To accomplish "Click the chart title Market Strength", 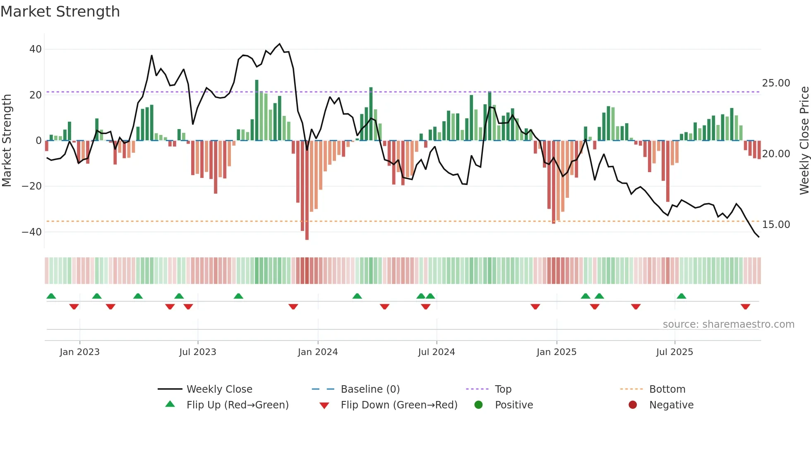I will coord(60,12).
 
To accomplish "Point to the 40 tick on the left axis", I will coord(36,49).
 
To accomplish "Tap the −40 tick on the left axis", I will coord(32,232).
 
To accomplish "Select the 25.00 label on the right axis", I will coord(776,83).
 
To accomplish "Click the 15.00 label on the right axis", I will coord(776,225).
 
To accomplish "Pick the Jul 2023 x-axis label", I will coord(197,352).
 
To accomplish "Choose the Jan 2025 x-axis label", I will coord(556,352).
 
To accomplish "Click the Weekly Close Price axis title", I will coord(804,141).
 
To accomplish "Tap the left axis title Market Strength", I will coord(7,141).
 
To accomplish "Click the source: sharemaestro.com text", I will coord(728,324).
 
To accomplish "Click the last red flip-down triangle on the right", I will coord(745,307).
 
